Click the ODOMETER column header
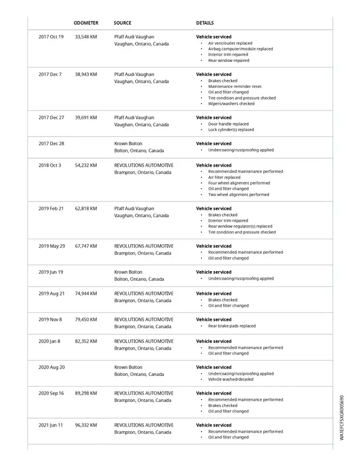click(86, 23)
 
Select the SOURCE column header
click(123, 23)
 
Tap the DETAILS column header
click(205, 23)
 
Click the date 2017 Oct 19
click(51, 37)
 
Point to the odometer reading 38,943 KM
click(86, 74)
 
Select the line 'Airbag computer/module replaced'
click(240, 49)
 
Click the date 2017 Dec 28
click(51, 144)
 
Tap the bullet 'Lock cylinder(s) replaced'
click(231, 130)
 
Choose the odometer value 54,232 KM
click(86, 165)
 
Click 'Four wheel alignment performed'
click(239, 183)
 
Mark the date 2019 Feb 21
click(51, 208)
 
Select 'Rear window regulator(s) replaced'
click(240, 226)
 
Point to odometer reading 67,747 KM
click(86, 246)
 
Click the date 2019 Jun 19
click(51, 272)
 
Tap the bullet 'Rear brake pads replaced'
click(232, 326)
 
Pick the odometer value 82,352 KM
click(86, 341)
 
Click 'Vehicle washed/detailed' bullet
click(231, 379)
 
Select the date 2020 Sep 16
click(51, 393)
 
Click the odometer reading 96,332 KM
click(86, 425)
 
